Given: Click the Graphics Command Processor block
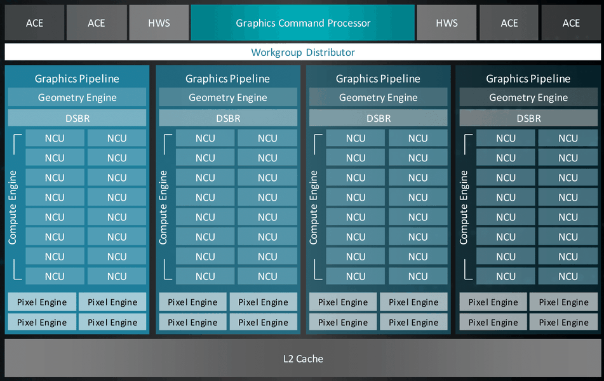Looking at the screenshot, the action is pos(303,23).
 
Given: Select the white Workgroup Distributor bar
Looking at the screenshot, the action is pos(303,52).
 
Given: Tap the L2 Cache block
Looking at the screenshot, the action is pos(303,359).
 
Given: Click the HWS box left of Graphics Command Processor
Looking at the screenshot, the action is pos(159,23).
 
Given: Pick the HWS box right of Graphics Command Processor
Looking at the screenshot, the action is pos(447,23).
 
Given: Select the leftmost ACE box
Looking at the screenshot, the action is pos(34,23).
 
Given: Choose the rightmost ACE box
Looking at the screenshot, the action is pos(571,23).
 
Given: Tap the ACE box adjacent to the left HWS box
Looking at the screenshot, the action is pos(97,23).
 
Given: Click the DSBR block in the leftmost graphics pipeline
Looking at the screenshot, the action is pos(77,118).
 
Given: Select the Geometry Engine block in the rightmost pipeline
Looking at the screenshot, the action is pos(528,97).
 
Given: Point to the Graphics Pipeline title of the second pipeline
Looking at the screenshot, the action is pos(227,79).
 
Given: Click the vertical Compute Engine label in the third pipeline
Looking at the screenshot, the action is pos(313,207).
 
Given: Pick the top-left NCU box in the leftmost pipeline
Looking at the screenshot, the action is pos(55,138).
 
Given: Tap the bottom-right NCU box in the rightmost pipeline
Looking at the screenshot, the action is pos(568,277).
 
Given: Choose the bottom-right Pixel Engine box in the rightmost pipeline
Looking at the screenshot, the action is pos(563,322).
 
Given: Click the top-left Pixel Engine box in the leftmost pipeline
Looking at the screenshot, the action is pos(42,302).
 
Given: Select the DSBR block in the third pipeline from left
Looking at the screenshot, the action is pos(379,118).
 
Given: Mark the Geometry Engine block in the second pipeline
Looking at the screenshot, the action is pos(228,97).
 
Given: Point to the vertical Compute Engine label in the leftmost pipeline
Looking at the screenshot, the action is pos(12,207).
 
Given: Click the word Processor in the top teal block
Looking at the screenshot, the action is pos(349,23).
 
